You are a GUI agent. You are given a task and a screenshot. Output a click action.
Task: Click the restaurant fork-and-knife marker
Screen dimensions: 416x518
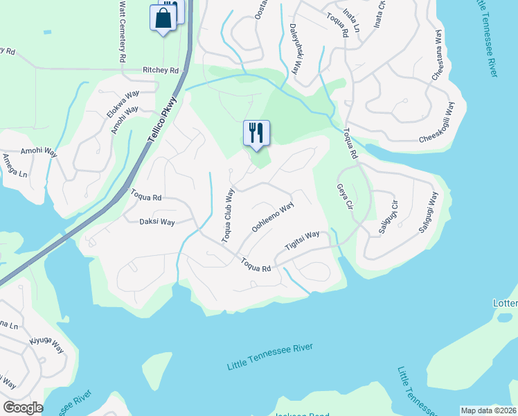click(x=256, y=133)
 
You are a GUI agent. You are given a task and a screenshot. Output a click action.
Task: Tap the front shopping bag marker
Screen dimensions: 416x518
click(x=163, y=18)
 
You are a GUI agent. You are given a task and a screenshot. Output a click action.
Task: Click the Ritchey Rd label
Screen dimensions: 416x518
click(x=161, y=71)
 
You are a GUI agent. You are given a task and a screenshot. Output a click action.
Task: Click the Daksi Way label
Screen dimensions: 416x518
click(x=157, y=222)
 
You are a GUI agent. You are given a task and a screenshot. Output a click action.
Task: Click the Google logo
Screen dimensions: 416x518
click(x=23, y=408)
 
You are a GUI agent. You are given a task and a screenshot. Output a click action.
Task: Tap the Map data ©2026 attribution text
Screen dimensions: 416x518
click(x=488, y=410)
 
